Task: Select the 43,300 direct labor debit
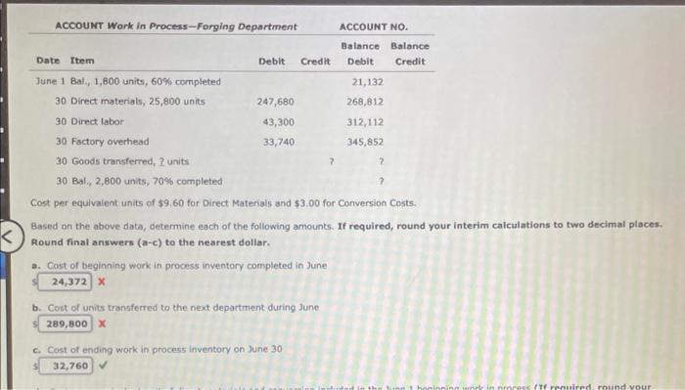tap(279, 121)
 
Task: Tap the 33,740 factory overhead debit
tap(279, 141)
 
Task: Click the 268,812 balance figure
tap(365, 102)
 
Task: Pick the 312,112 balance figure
tap(365, 121)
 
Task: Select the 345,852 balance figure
tap(365, 141)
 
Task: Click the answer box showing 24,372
tap(68, 282)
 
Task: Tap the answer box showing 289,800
tap(68, 324)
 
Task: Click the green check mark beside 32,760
tap(102, 366)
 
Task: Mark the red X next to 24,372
tap(101, 282)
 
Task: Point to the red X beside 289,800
tap(101, 324)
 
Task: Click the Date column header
tap(47, 62)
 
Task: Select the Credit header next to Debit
tap(315, 62)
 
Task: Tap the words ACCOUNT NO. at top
tap(374, 26)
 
